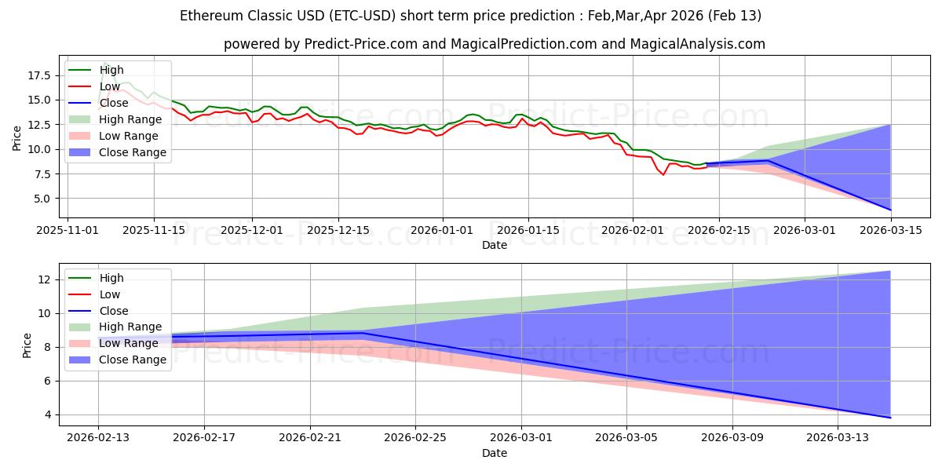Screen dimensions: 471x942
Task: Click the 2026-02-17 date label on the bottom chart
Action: pos(204,437)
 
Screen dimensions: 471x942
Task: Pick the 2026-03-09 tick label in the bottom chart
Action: pos(732,437)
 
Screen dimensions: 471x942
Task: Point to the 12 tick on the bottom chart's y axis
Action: pos(46,279)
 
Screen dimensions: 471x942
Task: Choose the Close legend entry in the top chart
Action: pos(115,103)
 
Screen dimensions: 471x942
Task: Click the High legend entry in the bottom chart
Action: pos(111,278)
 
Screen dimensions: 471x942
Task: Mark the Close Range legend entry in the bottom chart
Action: pos(133,360)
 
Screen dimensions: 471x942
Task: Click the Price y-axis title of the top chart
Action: pos(17,137)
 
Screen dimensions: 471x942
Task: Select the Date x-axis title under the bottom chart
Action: pos(494,453)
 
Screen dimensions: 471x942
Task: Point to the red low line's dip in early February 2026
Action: pos(663,174)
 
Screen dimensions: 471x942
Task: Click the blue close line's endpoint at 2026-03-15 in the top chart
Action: pos(890,210)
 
